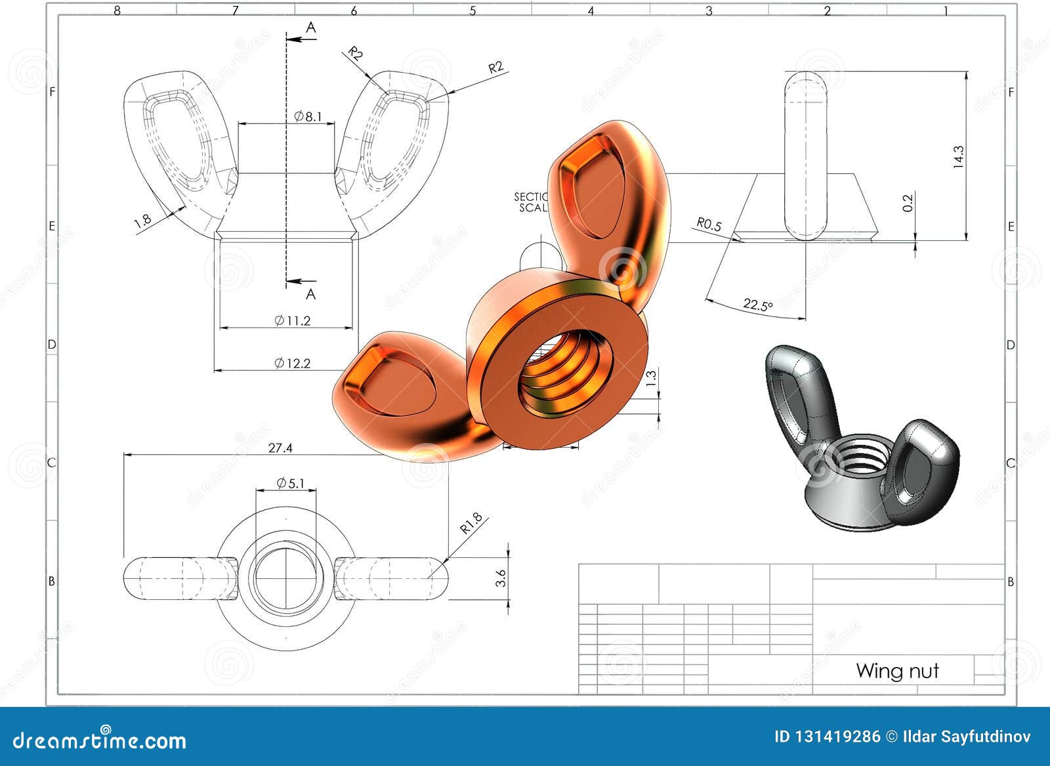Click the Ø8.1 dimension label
click(308, 117)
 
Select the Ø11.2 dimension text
click(292, 320)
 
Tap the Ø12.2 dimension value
click(292, 363)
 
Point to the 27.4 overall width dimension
click(280, 448)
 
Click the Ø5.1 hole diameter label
click(290, 483)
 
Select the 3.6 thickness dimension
click(501, 578)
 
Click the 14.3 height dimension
click(959, 157)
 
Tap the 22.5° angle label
click(758, 305)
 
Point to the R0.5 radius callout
click(709, 224)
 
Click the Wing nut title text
click(897, 671)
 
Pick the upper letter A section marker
click(311, 27)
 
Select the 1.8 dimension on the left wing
click(142, 221)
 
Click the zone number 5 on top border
click(472, 11)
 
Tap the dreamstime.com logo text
click(100, 740)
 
